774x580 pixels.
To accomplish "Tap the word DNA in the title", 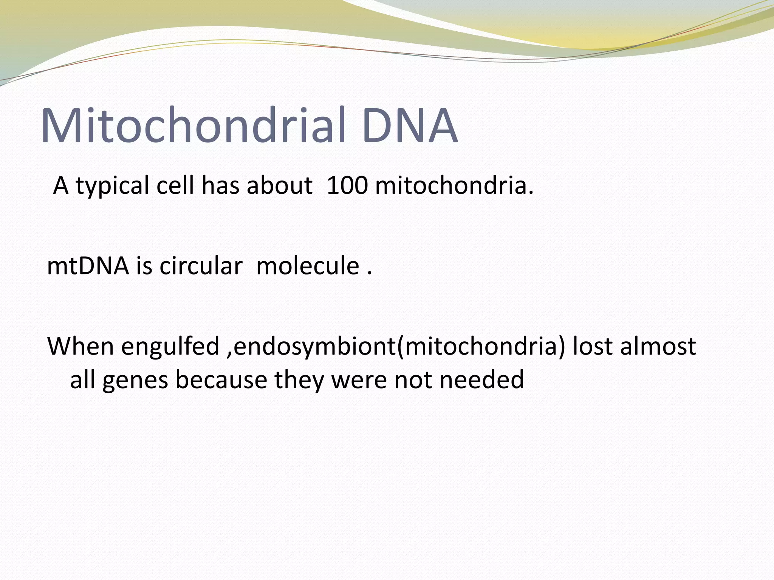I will click(x=409, y=125).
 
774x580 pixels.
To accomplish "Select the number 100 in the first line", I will click(x=347, y=186).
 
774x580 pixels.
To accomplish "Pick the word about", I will click(x=280, y=186).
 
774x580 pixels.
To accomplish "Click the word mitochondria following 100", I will click(x=454, y=186).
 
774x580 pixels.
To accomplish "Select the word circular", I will click(x=201, y=266).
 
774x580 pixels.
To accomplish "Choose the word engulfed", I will click(x=170, y=347).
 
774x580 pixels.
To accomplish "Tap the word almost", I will click(x=658, y=346).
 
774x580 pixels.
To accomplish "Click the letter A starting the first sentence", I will click(x=61, y=186).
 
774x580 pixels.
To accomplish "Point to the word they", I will click(x=299, y=380).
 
